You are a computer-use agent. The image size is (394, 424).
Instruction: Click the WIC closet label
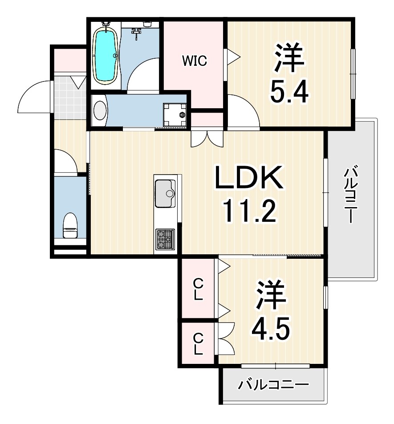tap(194, 61)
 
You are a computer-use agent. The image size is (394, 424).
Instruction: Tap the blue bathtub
tap(106, 55)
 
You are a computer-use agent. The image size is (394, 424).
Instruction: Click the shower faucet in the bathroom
tap(137, 32)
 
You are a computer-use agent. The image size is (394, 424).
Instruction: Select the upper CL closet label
tap(198, 289)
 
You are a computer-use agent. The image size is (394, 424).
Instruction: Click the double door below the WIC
tap(207, 138)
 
